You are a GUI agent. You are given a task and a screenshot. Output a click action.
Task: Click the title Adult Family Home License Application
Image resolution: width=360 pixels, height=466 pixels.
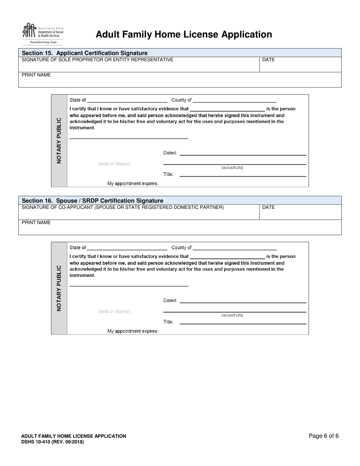[x=184, y=34]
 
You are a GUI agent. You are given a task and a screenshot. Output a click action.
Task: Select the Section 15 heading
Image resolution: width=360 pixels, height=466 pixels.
[x=85, y=53]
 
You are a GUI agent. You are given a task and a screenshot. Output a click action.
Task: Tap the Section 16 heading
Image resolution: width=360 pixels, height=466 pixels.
[x=92, y=200]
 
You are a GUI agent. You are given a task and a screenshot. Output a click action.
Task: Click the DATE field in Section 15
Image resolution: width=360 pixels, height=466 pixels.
[x=300, y=65]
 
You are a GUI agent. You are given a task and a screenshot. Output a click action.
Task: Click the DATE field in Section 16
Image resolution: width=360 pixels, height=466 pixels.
[x=300, y=213]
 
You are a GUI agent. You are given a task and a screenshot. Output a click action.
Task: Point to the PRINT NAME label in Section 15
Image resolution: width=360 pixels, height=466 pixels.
[x=36, y=75]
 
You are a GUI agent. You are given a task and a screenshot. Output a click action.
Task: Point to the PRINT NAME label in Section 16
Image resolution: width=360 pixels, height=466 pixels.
[x=36, y=222]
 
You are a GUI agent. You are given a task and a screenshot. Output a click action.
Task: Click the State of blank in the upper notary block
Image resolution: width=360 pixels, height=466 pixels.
[x=127, y=100]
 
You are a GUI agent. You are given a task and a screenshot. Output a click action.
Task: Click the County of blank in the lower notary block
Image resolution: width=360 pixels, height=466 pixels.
[x=235, y=248]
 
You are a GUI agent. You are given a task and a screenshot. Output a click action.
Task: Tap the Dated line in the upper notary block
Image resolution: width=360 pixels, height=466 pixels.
[x=243, y=153]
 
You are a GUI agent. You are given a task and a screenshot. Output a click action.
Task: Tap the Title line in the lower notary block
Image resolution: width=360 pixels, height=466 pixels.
[x=243, y=322]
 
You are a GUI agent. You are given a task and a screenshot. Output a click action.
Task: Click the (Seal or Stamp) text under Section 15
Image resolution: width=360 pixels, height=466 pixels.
[x=114, y=164]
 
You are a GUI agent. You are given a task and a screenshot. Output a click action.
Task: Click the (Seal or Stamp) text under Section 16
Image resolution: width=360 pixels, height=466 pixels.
[x=114, y=311]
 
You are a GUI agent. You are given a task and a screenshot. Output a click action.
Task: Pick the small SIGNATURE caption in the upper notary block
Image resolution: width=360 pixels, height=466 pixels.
[x=232, y=168]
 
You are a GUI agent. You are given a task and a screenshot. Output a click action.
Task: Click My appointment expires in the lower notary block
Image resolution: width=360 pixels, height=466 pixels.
[x=133, y=331]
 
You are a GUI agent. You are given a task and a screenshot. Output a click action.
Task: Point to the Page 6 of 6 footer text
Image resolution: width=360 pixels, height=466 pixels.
[x=324, y=436]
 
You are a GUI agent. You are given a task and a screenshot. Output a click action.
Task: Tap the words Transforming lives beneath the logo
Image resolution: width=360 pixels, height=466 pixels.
[x=43, y=42]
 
